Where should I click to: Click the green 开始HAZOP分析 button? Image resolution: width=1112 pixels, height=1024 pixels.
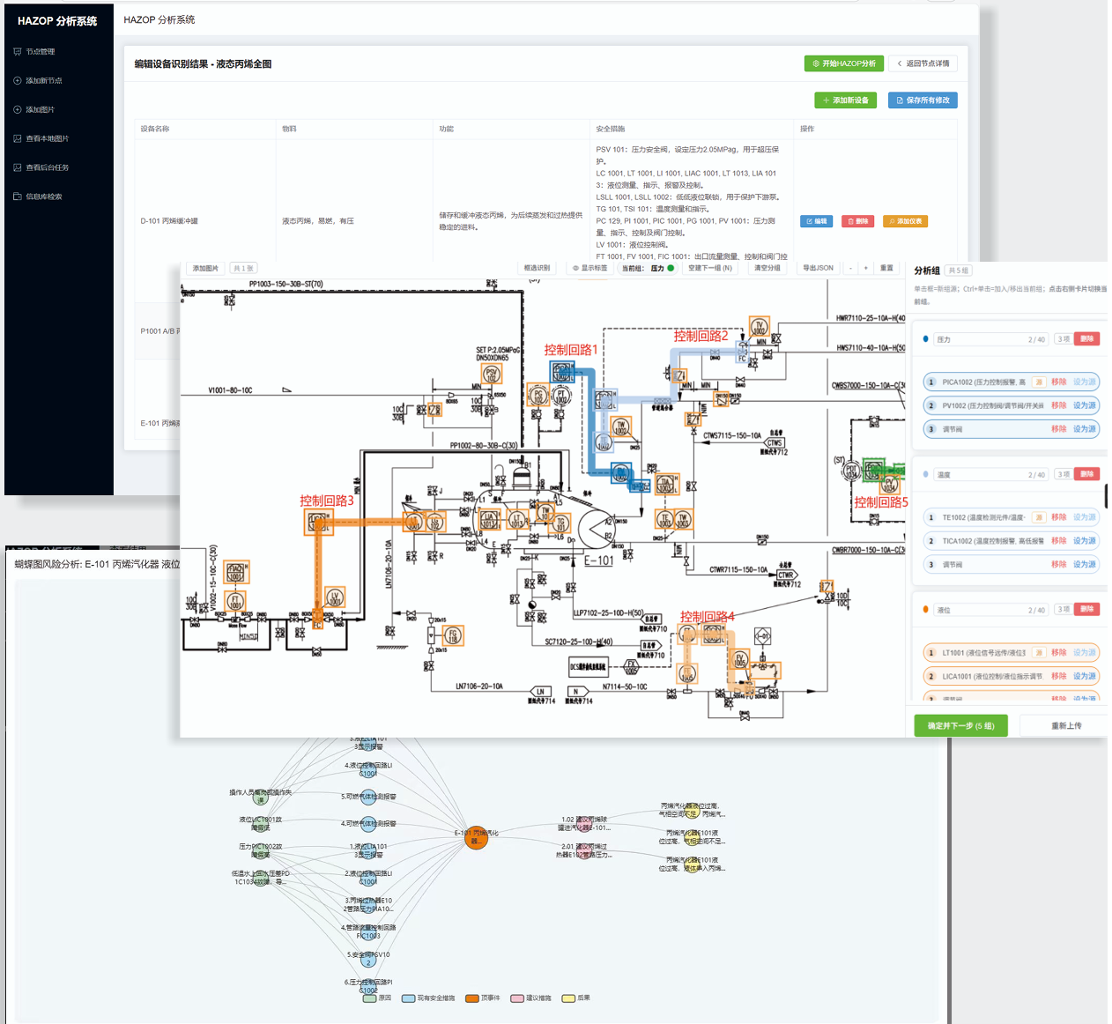(x=843, y=63)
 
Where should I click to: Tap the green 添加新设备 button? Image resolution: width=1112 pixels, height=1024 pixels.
(x=845, y=100)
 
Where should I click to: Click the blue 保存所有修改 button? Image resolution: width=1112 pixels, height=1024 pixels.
(x=923, y=100)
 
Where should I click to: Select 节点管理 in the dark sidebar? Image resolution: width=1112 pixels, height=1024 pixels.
(x=40, y=52)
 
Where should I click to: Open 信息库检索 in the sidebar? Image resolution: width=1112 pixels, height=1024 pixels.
(x=43, y=197)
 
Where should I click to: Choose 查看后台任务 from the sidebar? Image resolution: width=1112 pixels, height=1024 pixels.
(x=47, y=167)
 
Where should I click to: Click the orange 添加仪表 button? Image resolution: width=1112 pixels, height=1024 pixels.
(x=905, y=221)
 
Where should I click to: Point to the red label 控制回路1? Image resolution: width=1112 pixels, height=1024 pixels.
(x=570, y=350)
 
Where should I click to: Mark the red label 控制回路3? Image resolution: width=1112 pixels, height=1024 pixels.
(x=326, y=501)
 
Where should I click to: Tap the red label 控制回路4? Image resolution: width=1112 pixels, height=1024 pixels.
(x=707, y=617)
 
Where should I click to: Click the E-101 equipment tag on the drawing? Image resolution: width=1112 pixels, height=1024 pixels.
(x=599, y=560)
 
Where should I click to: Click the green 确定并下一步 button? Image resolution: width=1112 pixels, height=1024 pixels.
(x=960, y=726)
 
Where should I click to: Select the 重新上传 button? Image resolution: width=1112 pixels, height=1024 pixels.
(x=1065, y=726)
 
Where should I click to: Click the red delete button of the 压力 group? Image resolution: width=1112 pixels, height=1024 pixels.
(x=1086, y=339)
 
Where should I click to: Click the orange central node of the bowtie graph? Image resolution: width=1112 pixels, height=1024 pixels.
(x=476, y=837)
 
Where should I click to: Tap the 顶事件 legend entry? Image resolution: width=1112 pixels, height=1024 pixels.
(x=484, y=998)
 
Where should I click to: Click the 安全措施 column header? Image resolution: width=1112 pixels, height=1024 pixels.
(x=610, y=129)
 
